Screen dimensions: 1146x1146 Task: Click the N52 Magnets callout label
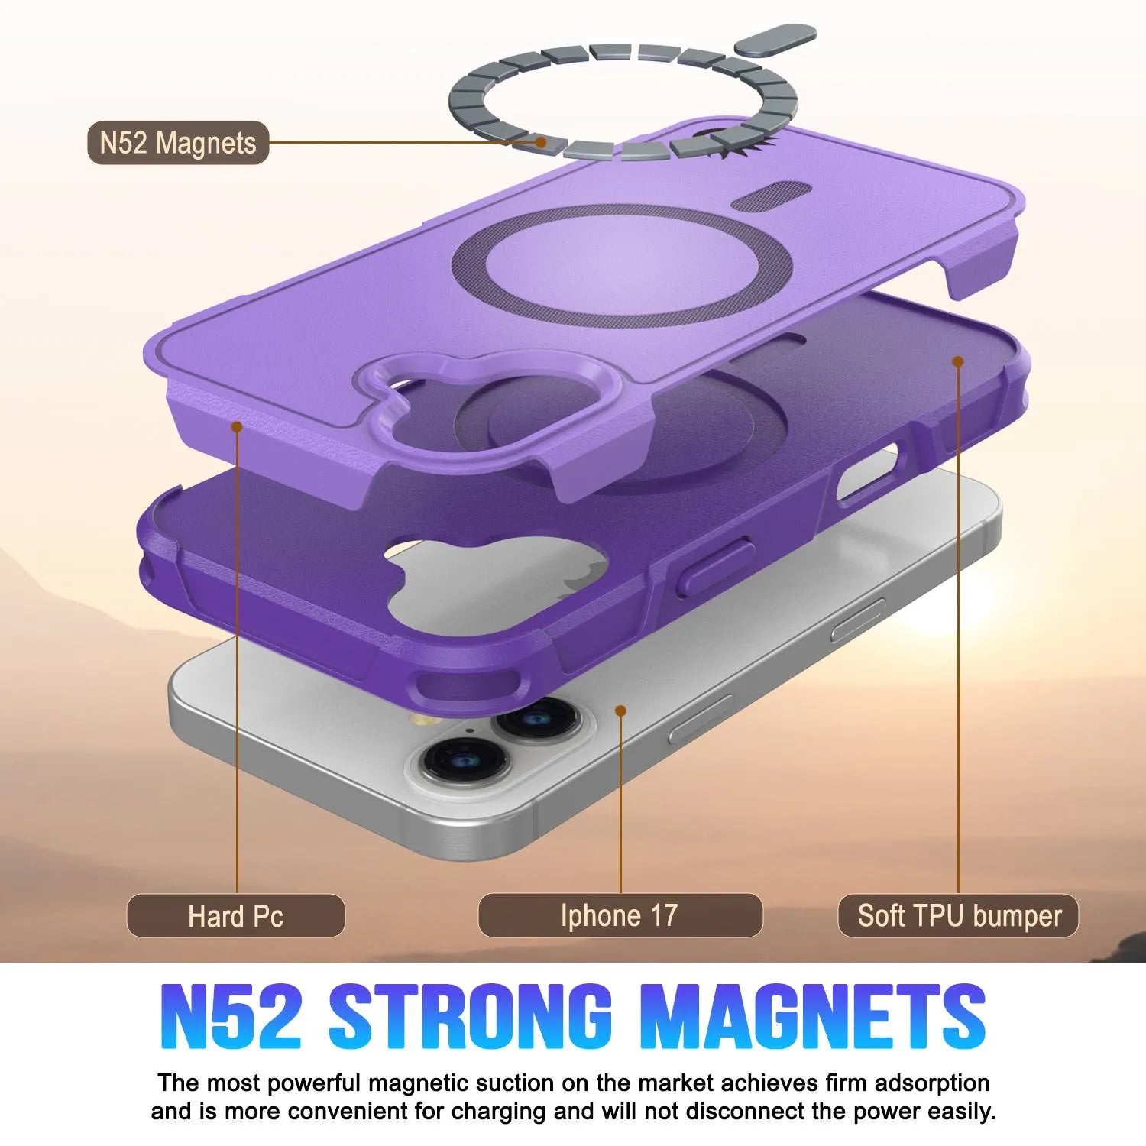click(178, 143)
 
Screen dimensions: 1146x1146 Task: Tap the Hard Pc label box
click(235, 915)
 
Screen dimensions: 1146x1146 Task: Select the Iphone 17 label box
click(620, 915)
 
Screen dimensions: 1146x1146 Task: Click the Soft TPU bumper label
click(958, 915)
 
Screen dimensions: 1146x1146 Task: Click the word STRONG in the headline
click(471, 1017)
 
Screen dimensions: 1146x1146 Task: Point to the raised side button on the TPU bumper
click(714, 566)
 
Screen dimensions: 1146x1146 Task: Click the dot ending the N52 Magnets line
click(541, 142)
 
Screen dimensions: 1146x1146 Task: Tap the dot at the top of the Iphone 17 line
click(620, 711)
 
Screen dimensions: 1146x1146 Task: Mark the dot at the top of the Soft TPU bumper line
click(958, 361)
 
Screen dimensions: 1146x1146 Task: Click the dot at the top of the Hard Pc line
click(237, 426)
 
